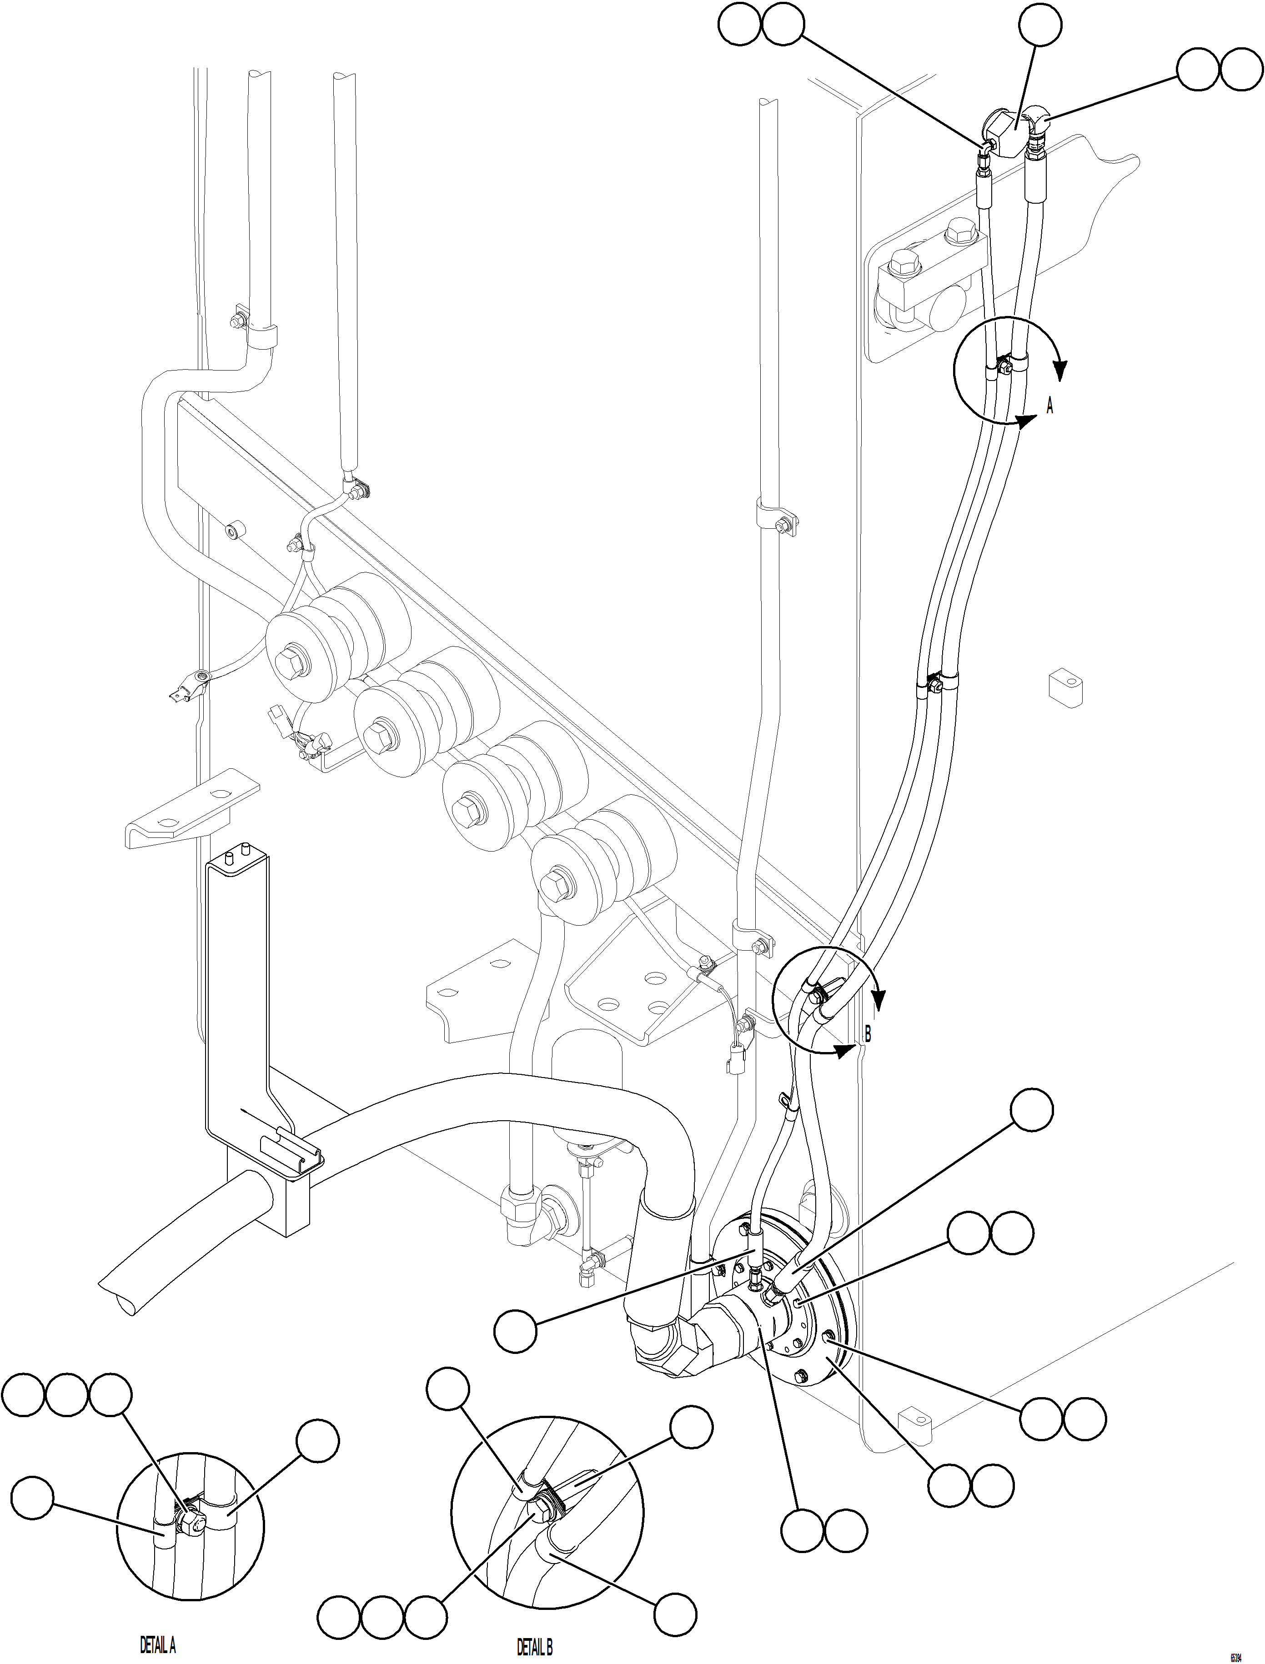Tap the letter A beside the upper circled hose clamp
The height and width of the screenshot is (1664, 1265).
click(1049, 406)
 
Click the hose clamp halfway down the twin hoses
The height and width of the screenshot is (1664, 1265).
click(934, 685)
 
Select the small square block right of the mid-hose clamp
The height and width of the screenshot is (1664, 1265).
click(1065, 687)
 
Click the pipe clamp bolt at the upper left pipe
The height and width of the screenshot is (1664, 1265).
click(237, 321)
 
